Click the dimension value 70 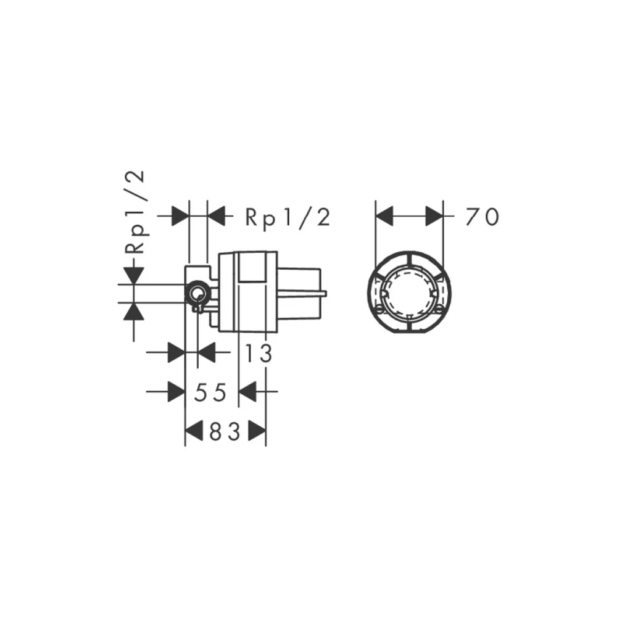click(482, 217)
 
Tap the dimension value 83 click(225, 432)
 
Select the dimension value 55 click(210, 392)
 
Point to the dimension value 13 click(258, 353)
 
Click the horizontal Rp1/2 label click(288, 217)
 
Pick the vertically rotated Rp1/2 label click(135, 212)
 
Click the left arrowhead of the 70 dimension click(384, 216)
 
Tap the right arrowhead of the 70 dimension click(434, 216)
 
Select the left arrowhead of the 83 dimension click(194, 431)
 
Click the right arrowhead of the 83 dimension click(257, 431)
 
